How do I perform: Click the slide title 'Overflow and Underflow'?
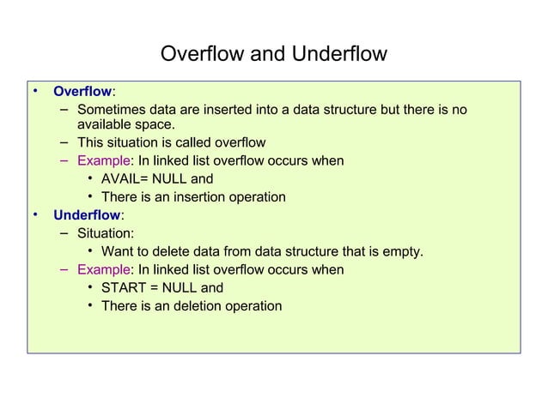tap(274, 54)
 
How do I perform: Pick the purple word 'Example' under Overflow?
tap(102, 161)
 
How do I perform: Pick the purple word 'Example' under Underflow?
tap(102, 270)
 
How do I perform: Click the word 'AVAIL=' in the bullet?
tap(127, 179)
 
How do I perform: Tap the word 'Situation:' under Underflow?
tap(105, 232)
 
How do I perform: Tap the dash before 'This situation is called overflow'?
tap(64, 142)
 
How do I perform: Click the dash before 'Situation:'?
tap(64, 232)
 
